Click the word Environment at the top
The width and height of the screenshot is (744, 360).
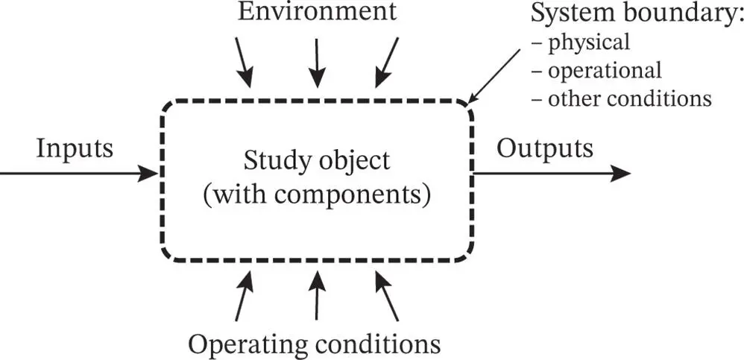317,13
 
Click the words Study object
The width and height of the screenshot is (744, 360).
317,161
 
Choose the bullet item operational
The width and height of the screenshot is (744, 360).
603,70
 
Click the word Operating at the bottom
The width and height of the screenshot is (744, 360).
253,344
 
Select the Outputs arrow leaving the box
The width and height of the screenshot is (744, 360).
552,174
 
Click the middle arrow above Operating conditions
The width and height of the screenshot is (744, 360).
317,296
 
